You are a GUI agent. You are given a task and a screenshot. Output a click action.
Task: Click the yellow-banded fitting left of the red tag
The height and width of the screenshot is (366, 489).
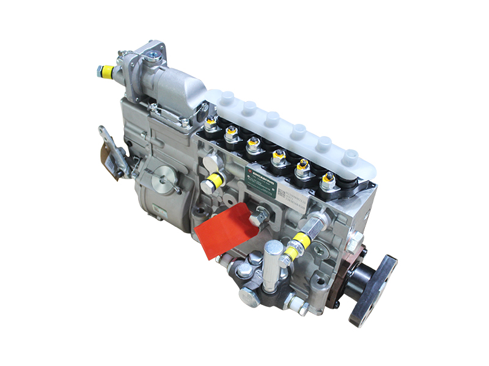(x=215, y=181)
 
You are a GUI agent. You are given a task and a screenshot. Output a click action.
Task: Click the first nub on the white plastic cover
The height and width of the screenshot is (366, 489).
(x=227, y=97)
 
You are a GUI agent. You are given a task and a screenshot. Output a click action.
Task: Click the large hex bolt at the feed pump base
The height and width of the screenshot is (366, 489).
(x=250, y=296)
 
